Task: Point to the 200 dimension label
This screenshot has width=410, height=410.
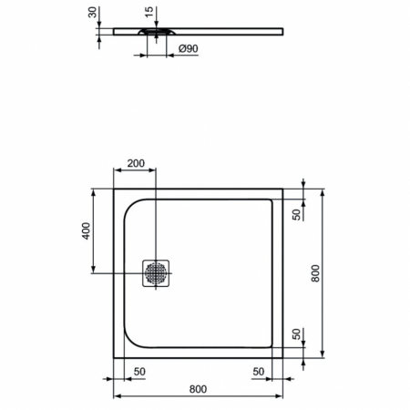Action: pyautogui.click(x=135, y=164)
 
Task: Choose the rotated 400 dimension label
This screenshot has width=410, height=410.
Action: pyautogui.click(x=85, y=231)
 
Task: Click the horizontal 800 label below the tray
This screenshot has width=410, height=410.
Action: pyautogui.click(x=198, y=389)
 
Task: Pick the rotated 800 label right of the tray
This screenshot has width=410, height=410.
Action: pyautogui.click(x=314, y=272)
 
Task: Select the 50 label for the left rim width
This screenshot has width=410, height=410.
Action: pyautogui.click(x=140, y=372)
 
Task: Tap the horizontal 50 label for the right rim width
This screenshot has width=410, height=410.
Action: pyautogui.click(x=259, y=372)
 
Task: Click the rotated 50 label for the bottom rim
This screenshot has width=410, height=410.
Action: pyautogui.click(x=297, y=334)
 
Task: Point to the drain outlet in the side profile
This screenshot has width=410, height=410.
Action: pyautogui.click(x=153, y=31)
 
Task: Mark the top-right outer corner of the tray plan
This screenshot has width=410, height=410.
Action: pyautogui.click(x=282, y=190)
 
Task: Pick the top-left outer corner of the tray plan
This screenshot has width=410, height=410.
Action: pyautogui.click(x=113, y=190)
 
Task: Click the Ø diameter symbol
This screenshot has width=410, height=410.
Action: pyautogui.click(x=182, y=48)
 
